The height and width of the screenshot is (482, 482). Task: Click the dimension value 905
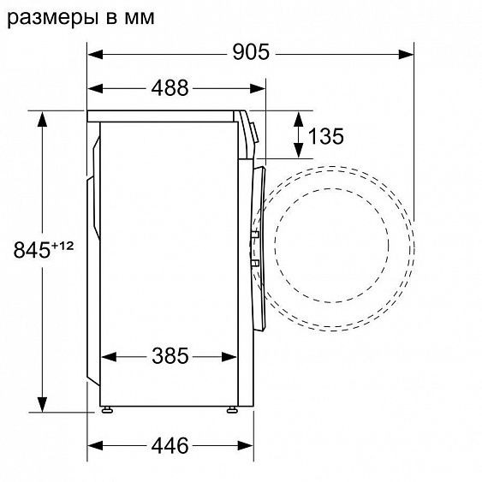point(249,52)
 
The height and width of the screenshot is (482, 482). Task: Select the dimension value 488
point(171,88)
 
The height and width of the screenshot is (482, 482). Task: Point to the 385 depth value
point(170,355)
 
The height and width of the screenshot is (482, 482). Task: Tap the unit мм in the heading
point(134,16)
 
